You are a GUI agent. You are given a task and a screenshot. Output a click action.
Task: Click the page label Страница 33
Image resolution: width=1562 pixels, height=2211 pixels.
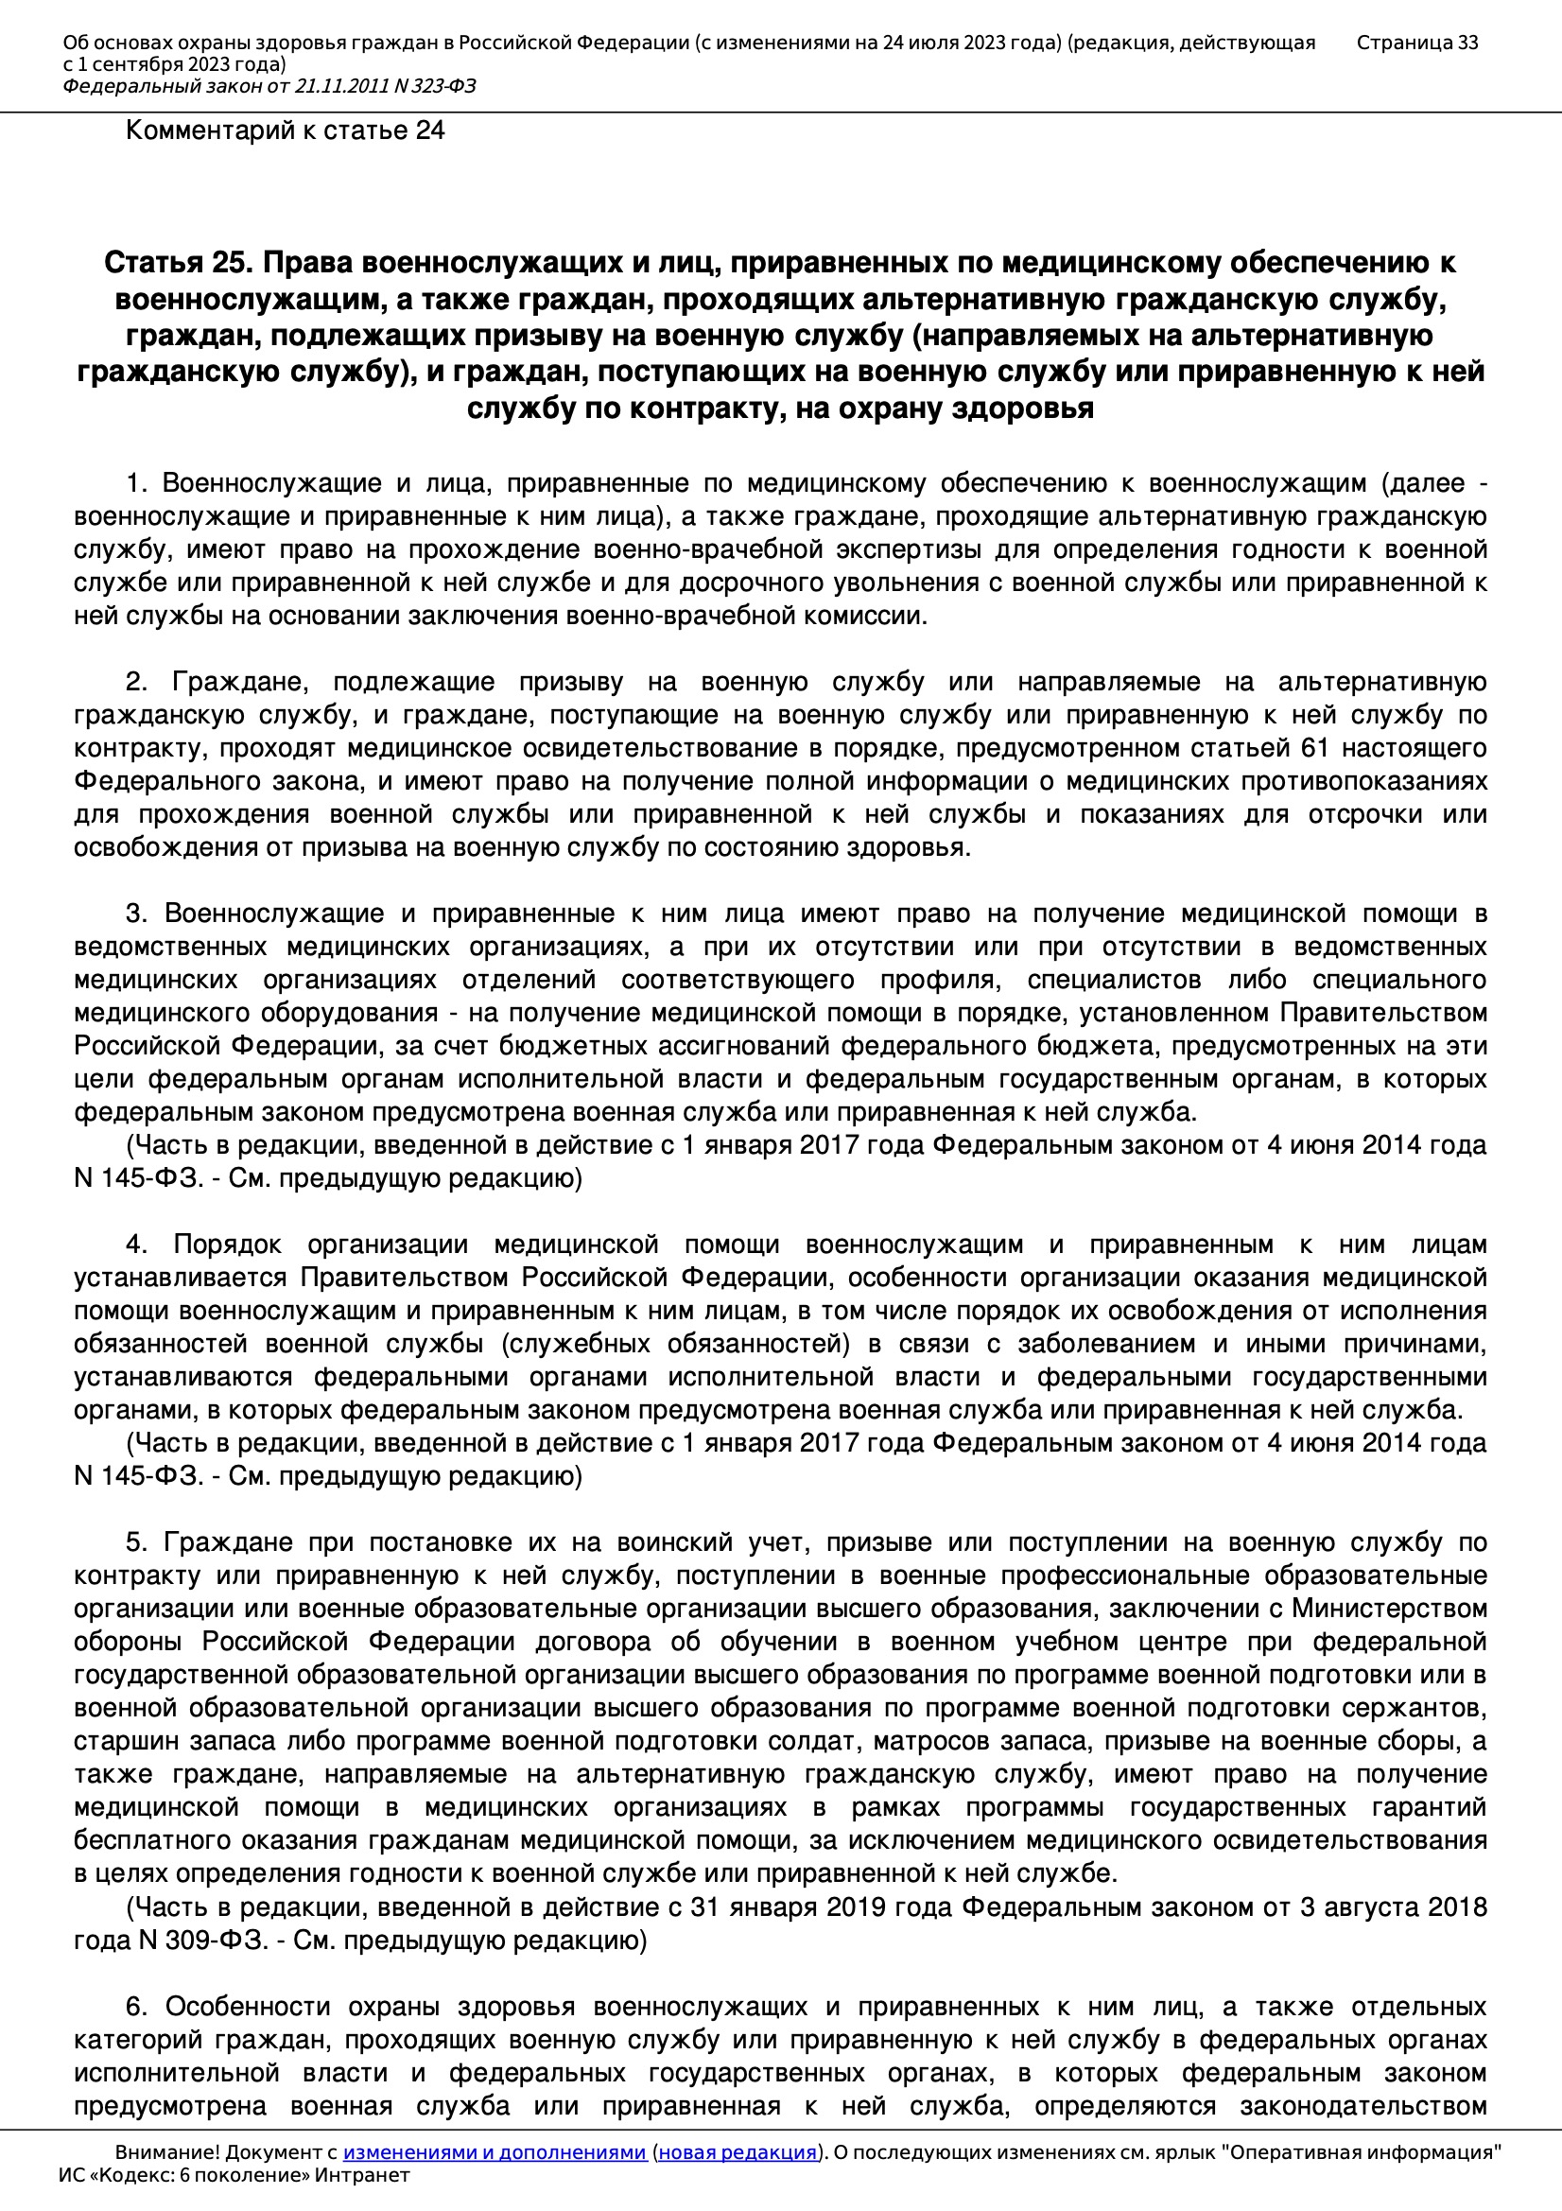[1416, 43]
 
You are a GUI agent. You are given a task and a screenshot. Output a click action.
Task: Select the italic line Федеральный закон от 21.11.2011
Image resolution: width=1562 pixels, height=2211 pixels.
[269, 87]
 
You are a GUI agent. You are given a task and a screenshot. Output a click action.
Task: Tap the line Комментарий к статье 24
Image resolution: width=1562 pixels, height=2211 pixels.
[285, 131]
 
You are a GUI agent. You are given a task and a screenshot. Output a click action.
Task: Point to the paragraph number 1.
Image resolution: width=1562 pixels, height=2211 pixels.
[135, 483]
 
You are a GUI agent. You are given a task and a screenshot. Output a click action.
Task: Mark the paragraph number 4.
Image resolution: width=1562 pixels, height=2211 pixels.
[135, 1245]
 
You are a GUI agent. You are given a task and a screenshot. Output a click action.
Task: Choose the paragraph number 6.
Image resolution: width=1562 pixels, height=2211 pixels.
[135, 2007]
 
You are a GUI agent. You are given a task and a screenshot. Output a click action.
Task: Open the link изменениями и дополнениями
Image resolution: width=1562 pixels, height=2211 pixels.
[494, 2152]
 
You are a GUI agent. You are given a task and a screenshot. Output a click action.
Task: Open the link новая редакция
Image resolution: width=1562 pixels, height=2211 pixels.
[737, 2152]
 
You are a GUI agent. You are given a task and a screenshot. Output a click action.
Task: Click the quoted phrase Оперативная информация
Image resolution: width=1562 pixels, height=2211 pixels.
[1362, 2152]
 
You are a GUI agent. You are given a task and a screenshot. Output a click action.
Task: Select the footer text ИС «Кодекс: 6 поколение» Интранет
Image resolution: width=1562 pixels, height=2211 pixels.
[234, 2175]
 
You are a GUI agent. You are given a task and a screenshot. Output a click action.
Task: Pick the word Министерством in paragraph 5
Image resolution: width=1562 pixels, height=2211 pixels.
[1389, 1610]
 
